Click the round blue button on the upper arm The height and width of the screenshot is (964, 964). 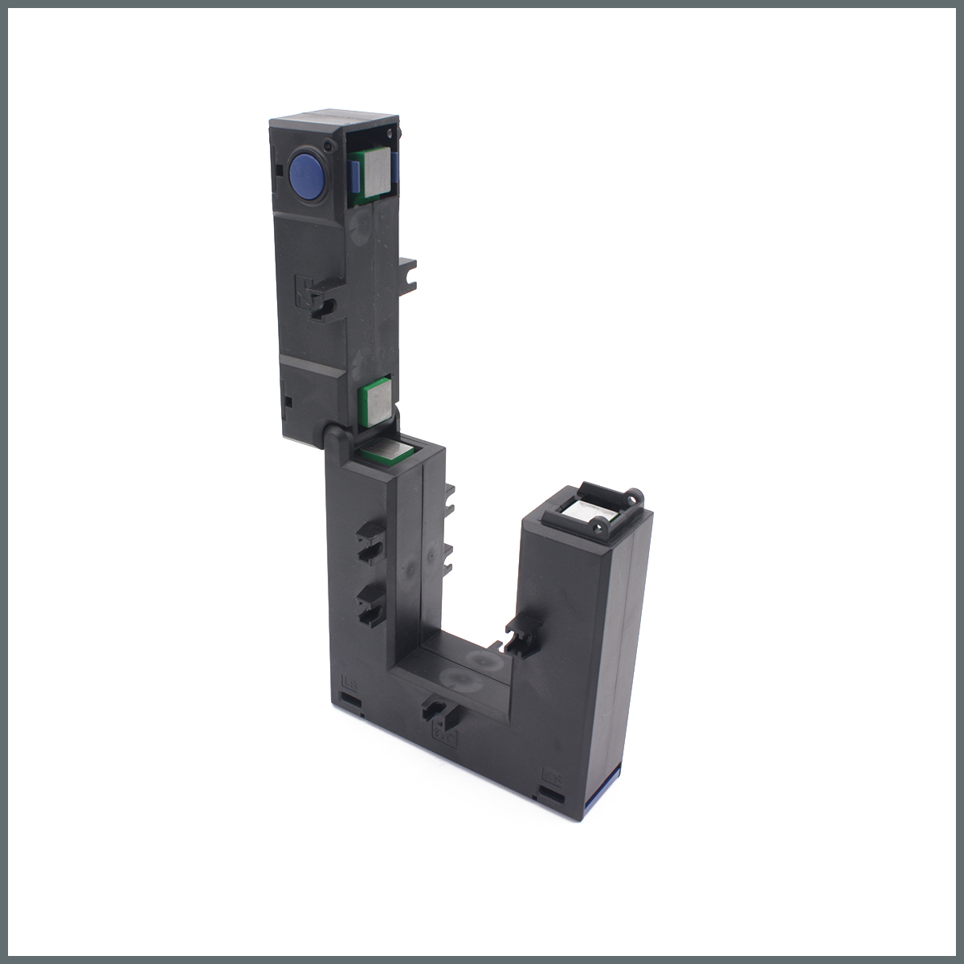(x=304, y=172)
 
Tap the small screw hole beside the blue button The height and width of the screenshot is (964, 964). (x=328, y=145)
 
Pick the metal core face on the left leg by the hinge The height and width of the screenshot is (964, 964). (x=387, y=450)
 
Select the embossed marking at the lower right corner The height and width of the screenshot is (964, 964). (x=553, y=777)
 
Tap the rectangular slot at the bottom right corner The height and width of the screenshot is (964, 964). (x=553, y=795)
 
